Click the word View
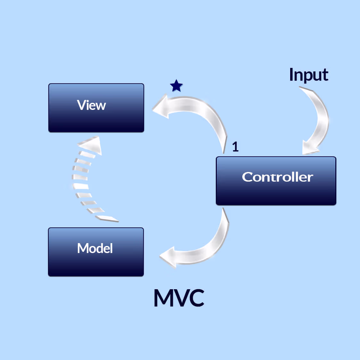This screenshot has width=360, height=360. (x=91, y=105)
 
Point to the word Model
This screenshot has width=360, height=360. (x=95, y=248)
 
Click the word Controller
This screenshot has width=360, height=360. (x=277, y=177)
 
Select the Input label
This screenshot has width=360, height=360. (x=308, y=75)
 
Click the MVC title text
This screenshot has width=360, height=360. (x=179, y=298)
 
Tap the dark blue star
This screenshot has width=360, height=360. (x=176, y=86)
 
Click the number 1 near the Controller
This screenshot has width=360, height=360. (x=235, y=147)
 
